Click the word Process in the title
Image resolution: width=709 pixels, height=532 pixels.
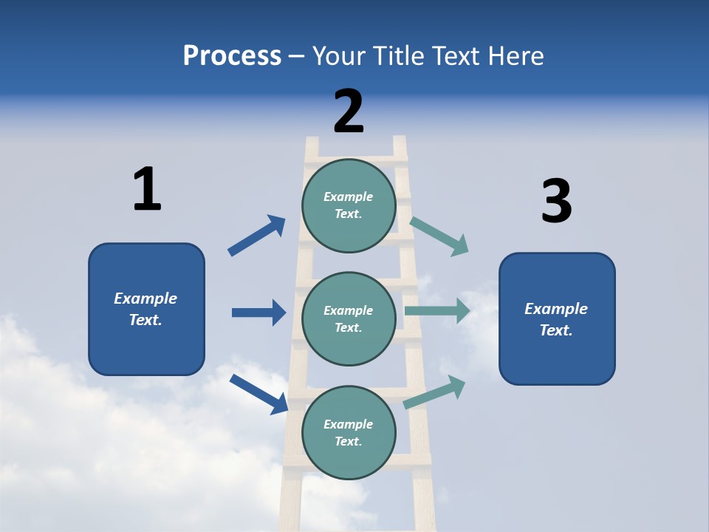232,56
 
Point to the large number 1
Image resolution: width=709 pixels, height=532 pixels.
147,190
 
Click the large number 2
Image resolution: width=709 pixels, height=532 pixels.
349,112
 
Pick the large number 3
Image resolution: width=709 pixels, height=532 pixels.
556,202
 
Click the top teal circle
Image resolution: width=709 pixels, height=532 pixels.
349,205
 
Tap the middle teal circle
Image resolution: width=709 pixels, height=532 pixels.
349,319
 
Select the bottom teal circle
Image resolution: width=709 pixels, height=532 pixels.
349,433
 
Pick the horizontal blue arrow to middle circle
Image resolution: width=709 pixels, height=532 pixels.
258,313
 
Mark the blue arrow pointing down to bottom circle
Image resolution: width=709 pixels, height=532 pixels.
258,393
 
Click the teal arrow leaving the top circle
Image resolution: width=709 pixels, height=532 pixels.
439,236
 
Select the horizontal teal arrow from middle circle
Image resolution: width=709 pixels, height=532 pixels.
437,310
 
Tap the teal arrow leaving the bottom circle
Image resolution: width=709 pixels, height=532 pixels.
435,392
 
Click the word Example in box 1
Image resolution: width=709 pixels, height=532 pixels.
145,299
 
